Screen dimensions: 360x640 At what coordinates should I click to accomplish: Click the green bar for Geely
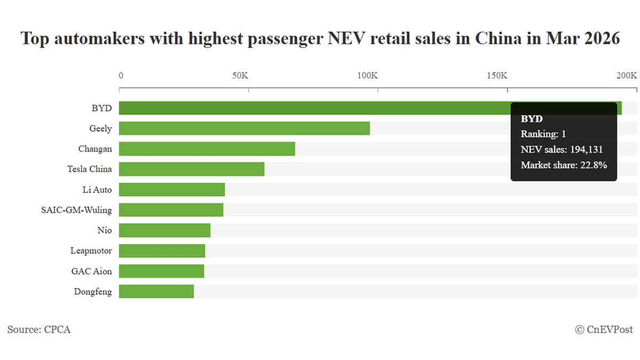(x=244, y=128)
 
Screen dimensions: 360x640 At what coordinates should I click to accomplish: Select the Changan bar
(x=207, y=149)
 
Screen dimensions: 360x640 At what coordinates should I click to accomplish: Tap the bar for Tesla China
(x=191, y=169)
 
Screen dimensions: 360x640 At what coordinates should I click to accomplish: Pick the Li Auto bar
(x=172, y=189)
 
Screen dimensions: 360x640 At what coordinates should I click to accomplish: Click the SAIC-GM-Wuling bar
(x=171, y=210)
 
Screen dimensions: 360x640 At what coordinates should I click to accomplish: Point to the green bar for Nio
(x=164, y=230)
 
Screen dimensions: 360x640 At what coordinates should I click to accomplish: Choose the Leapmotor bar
(x=162, y=251)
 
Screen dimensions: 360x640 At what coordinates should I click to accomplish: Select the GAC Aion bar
(x=161, y=271)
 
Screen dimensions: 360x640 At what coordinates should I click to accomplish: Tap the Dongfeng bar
(x=156, y=291)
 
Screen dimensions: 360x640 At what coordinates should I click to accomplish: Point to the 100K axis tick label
(x=367, y=75)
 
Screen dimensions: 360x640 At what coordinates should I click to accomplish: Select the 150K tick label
(x=497, y=75)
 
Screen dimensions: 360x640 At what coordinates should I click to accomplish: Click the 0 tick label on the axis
(x=121, y=75)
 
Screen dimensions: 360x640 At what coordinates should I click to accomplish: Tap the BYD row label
(x=101, y=108)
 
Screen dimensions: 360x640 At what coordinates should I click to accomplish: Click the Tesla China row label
(x=90, y=169)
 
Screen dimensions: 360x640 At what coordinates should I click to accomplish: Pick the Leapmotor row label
(x=91, y=251)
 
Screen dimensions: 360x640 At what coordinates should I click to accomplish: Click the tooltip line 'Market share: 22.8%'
(x=564, y=165)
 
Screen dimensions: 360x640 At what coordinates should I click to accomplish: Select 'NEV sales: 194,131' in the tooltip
(x=562, y=150)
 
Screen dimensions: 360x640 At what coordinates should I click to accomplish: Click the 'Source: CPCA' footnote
(x=39, y=330)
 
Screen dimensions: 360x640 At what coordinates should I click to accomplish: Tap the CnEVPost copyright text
(x=604, y=330)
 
